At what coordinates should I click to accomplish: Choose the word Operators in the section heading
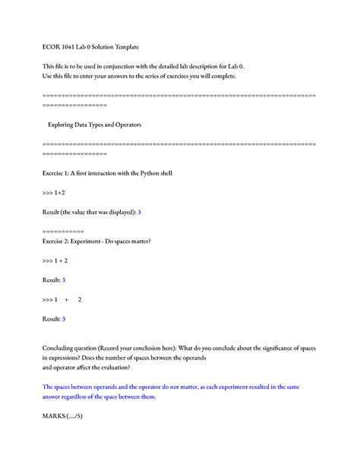[x=125, y=124]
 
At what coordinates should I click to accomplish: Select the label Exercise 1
[x=60, y=173]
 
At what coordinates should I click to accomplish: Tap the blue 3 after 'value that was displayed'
[x=139, y=212]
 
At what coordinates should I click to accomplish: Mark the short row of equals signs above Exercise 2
[x=63, y=230]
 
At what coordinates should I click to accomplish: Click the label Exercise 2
[x=61, y=241]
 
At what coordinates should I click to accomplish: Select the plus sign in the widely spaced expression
[x=66, y=300]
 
